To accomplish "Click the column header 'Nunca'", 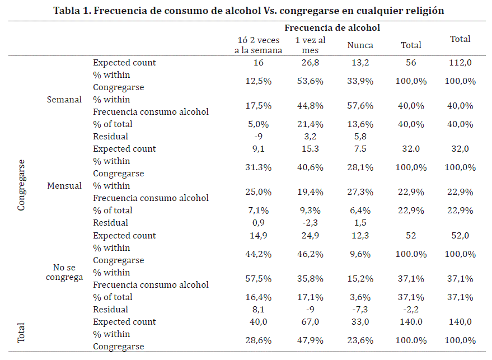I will click(x=360, y=45).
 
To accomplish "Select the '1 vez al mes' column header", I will click(x=310, y=45).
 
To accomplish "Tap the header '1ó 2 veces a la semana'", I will click(x=258, y=45).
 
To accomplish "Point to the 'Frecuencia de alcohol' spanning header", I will click(x=332, y=27).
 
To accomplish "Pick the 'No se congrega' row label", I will click(x=64, y=272).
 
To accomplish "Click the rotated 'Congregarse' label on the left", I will click(x=21, y=185).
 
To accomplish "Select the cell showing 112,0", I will click(x=461, y=63).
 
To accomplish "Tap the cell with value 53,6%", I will click(x=310, y=81).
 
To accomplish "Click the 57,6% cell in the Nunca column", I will click(x=360, y=106).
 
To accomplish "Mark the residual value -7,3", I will click(x=360, y=310).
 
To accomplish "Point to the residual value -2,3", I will click(x=310, y=223).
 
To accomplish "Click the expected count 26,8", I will click(x=310, y=63).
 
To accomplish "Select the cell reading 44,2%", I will click(x=259, y=254).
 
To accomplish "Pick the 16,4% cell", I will click(x=259, y=297).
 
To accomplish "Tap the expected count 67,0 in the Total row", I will click(x=310, y=322).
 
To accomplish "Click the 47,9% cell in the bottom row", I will click(x=310, y=340).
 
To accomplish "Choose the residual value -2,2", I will click(x=411, y=310).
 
